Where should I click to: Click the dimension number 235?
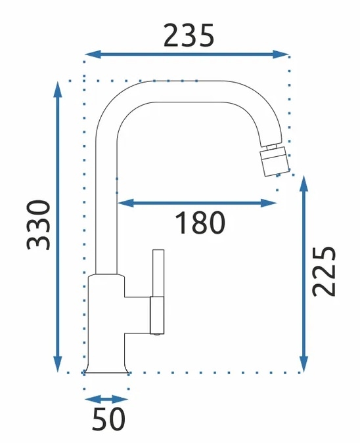tap(189, 35)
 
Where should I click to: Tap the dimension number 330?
tap(38, 225)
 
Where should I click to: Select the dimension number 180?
tap(200, 223)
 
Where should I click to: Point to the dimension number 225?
tap(324, 271)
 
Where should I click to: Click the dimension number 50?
tap(108, 419)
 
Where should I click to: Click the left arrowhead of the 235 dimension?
tap(93, 54)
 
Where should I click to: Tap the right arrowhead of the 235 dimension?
tap(281, 54)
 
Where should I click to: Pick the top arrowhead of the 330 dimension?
tap(58, 89)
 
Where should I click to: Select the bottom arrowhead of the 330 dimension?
tap(58, 364)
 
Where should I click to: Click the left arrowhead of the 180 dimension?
tap(125, 203)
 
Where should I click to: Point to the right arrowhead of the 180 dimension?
tap(269, 203)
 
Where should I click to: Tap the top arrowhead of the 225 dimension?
tap(304, 184)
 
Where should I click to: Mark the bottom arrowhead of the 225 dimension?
tap(304, 364)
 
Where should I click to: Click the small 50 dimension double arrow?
tap(106, 400)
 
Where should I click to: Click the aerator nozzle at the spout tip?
tap(275, 161)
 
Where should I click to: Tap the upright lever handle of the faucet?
tap(158, 273)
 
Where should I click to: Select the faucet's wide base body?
tap(106, 324)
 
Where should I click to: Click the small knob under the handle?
tap(157, 334)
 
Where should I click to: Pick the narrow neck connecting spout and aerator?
tap(272, 147)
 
